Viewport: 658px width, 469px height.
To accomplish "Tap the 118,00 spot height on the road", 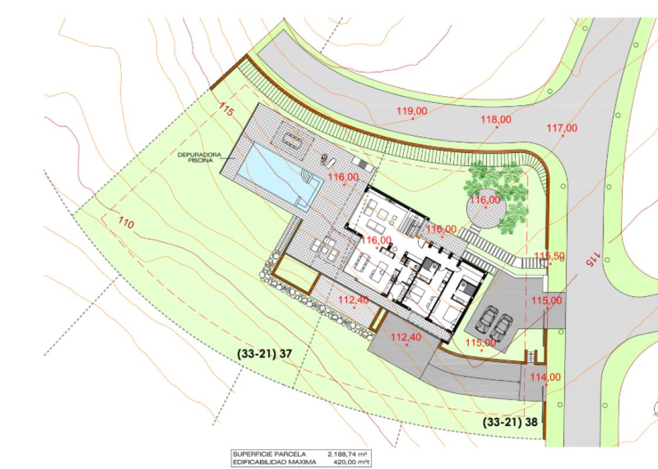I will [496, 120].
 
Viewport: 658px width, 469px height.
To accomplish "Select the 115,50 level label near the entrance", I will [550, 256].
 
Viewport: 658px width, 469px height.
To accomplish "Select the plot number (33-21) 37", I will [264, 354].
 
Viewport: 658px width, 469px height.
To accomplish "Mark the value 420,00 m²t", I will [349, 461].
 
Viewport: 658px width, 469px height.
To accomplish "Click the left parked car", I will [487, 321].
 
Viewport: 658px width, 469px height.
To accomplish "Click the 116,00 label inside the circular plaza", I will [486, 200].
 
